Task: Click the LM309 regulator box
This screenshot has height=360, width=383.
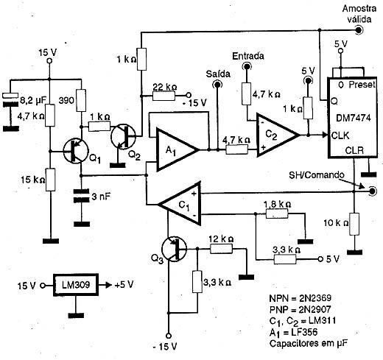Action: [x=76, y=285]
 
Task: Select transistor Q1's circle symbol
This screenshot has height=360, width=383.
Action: [x=76, y=151]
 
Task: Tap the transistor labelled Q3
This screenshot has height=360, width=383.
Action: [x=175, y=249]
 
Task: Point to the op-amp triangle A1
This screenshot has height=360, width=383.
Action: [x=178, y=149]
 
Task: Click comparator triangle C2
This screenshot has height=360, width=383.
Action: [x=278, y=135]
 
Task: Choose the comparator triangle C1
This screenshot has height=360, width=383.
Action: [x=180, y=203]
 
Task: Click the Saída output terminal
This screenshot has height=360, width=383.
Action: [x=217, y=85]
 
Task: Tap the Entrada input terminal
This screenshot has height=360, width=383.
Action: [x=247, y=66]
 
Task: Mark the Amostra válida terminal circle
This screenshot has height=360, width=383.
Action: [x=359, y=30]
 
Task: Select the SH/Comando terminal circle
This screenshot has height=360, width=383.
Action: [x=372, y=191]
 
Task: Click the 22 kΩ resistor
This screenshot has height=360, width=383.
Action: [x=164, y=96]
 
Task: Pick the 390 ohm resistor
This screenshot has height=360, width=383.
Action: [x=81, y=100]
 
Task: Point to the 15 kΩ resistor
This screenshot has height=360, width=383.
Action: [x=50, y=180]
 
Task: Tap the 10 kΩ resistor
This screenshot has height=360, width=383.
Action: [x=354, y=224]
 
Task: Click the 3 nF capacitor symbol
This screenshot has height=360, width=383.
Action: [x=82, y=196]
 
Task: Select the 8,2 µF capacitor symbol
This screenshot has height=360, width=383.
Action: [x=10, y=99]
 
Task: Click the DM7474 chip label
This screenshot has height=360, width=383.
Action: [x=353, y=118]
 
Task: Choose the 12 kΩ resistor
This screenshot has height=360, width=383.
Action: [x=221, y=249]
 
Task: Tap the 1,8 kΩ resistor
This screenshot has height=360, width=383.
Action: [x=277, y=213]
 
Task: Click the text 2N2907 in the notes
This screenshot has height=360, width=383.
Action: [x=315, y=309]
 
